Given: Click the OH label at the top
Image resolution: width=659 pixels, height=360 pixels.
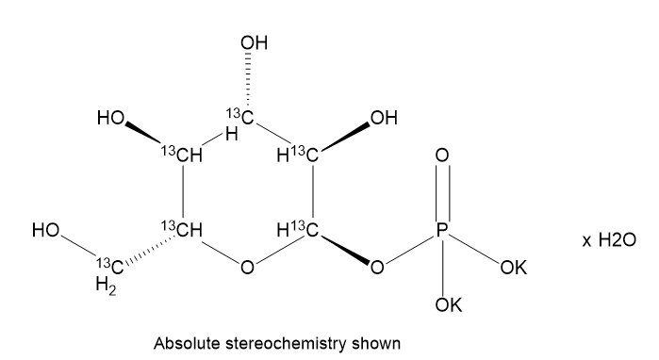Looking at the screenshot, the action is [x=255, y=43].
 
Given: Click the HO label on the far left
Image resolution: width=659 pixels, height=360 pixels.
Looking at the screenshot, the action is [x=44, y=229].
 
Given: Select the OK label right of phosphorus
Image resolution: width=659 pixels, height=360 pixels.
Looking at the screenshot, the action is [x=514, y=269].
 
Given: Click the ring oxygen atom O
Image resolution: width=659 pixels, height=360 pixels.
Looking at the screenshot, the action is [x=247, y=269].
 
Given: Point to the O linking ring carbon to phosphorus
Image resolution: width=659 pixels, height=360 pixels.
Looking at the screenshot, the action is [x=377, y=269].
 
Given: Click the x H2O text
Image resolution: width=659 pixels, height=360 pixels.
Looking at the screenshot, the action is [x=611, y=241].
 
